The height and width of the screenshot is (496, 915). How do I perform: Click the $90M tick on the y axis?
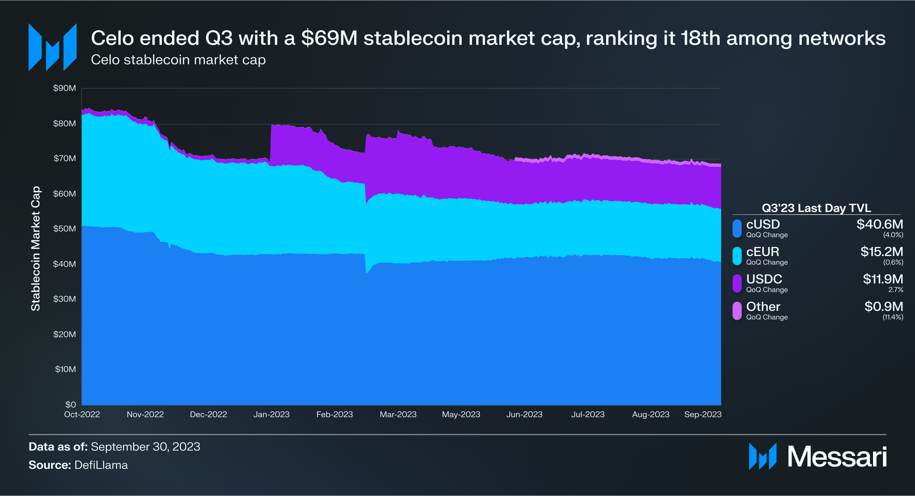coord(65,88)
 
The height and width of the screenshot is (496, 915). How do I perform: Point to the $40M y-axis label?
coord(65,264)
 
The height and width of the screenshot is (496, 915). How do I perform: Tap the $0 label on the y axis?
coord(70,404)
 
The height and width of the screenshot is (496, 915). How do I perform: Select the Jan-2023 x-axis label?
coord(271,414)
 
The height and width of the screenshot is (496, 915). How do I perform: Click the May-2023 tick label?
coord(461,414)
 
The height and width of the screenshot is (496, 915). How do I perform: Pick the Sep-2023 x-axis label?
coord(703,414)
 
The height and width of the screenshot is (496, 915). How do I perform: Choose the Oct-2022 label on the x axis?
coord(82,414)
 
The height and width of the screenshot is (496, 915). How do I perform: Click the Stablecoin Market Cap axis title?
coord(36,248)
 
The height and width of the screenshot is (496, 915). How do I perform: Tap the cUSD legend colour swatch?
coord(737,228)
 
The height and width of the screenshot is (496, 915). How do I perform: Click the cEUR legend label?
coord(762,252)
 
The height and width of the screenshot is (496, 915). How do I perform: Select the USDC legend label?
coord(764,279)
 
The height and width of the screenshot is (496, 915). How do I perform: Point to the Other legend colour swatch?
coord(737,311)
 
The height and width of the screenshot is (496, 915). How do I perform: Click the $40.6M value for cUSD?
coord(880,225)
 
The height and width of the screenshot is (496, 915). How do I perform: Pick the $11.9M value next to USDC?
coord(883,279)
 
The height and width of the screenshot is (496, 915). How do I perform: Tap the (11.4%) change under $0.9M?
coord(893,317)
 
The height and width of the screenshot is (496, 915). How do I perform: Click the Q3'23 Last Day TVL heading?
coord(816,208)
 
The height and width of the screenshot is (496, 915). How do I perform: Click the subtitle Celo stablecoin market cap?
coord(178,60)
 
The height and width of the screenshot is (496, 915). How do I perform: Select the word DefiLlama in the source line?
coord(101,465)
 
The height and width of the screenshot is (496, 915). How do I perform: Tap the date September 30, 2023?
coord(145,446)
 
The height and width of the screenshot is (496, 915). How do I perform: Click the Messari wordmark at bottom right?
coord(837,457)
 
